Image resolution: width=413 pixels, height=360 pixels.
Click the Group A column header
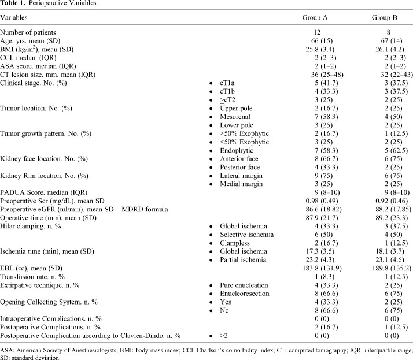pos(315,18)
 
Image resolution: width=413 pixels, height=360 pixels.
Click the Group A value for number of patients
pos(315,32)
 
